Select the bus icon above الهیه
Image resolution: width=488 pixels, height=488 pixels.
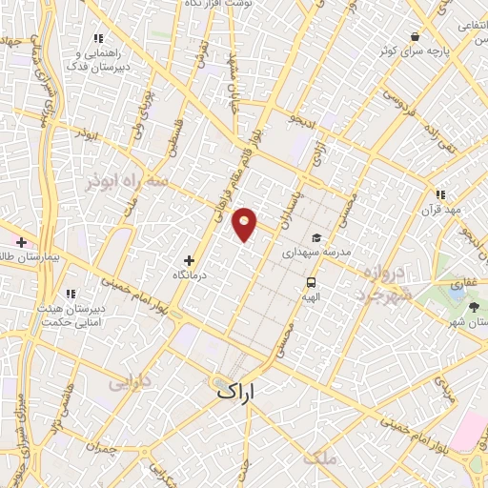click(x=312, y=281)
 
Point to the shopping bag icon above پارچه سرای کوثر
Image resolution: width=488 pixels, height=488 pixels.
click(x=415, y=36)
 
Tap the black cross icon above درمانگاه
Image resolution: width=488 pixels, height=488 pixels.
click(x=189, y=259)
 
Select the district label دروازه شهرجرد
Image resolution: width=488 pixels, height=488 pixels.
click(x=386, y=284)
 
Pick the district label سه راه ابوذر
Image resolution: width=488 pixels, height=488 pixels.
click(x=125, y=181)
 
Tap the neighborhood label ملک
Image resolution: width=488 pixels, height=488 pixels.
click(x=319, y=458)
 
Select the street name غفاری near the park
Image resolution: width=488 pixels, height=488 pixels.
click(x=449, y=283)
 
